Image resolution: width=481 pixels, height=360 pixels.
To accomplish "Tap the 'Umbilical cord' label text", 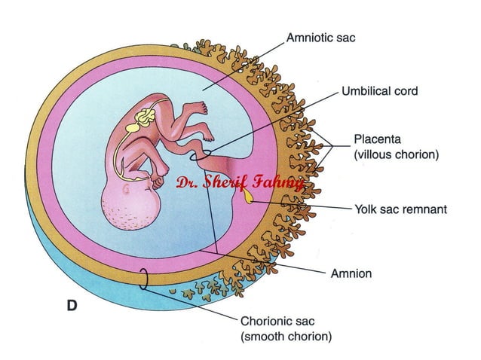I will [379, 91].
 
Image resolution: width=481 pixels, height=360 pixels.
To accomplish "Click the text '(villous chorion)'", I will [397, 155].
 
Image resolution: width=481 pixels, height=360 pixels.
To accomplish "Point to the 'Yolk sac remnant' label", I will [400, 209].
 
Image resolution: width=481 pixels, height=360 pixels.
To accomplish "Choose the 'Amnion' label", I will [351, 273].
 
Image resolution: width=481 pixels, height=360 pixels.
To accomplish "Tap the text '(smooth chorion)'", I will [286, 337].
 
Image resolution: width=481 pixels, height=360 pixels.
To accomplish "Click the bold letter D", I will [71, 307].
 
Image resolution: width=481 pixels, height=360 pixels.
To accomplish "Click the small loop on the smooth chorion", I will [142, 279].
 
